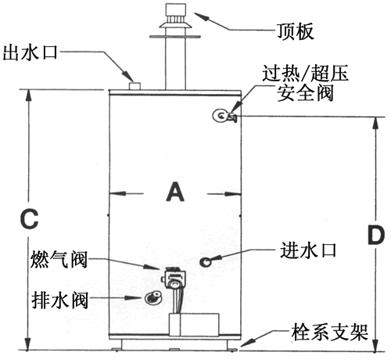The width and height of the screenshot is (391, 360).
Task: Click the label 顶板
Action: click(x=295, y=31)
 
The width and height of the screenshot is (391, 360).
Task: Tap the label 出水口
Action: click(x=30, y=53)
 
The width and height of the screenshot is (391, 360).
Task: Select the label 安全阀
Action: click(x=305, y=93)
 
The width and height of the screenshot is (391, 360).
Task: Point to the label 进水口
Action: click(x=308, y=250)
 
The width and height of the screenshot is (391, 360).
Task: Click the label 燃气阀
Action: click(x=59, y=260)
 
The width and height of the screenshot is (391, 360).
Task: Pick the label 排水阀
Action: click(x=59, y=300)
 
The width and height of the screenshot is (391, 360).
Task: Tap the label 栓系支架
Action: click(x=330, y=333)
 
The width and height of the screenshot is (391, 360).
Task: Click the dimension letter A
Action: click(x=175, y=192)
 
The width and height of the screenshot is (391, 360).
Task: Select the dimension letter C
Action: click(x=29, y=218)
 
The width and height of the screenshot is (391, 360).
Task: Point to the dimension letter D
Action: click(x=376, y=235)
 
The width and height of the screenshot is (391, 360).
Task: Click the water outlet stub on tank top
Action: click(x=135, y=86)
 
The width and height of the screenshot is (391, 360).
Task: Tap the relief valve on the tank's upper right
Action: click(x=224, y=116)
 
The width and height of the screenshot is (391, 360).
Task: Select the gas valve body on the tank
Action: click(x=174, y=278)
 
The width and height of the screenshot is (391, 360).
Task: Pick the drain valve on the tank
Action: click(x=153, y=297)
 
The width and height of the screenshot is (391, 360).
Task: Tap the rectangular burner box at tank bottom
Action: click(x=194, y=325)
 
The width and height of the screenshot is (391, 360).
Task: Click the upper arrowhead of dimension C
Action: click(x=29, y=95)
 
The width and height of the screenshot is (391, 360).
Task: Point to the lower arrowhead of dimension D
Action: click(x=375, y=345)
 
